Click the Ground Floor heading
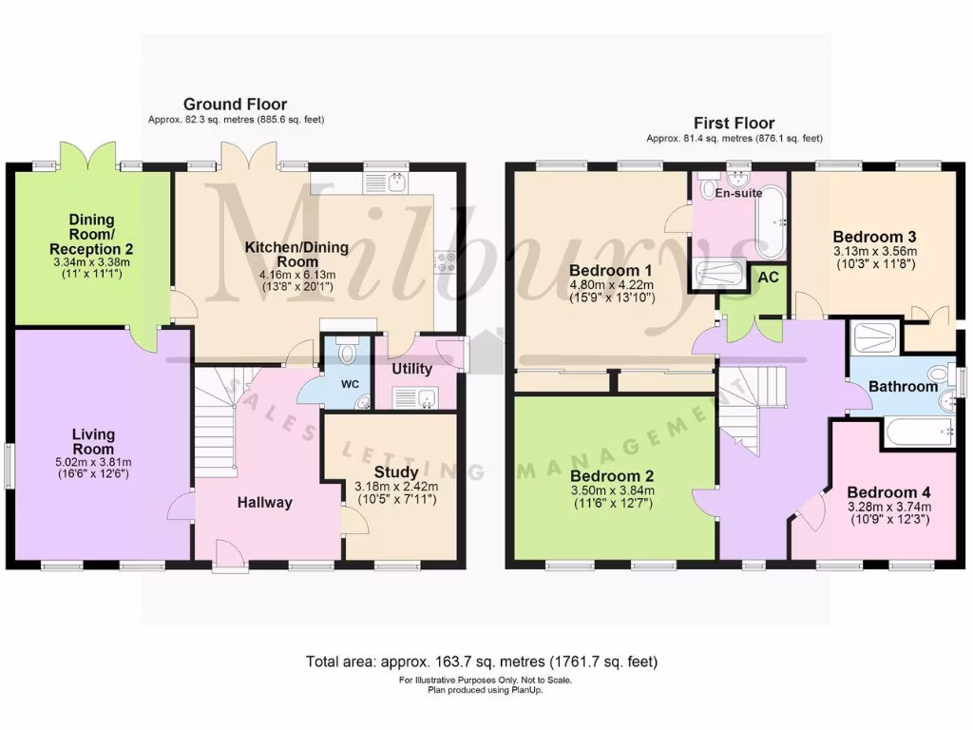235,105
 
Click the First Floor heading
734,123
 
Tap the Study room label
390,471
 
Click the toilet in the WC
348,355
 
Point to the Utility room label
411,369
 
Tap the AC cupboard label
767,279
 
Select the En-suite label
737,192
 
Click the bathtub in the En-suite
769,222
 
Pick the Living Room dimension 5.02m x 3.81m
93,462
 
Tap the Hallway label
264,503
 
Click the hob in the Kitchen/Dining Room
444,262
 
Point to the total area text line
482,661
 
